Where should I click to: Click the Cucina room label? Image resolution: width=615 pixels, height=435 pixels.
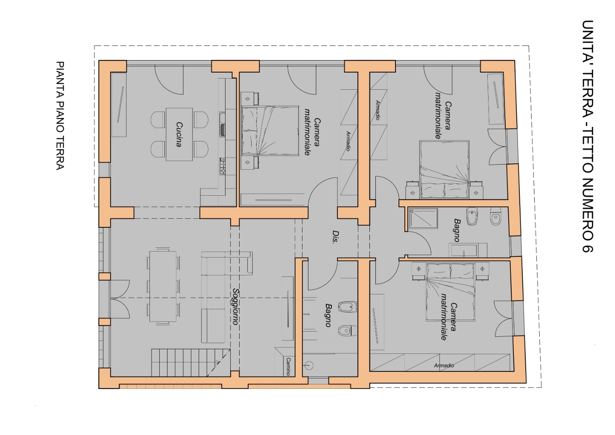(179, 135)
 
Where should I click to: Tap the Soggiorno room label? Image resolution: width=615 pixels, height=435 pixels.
(235, 306)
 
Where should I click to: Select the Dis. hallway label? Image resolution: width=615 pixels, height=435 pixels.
(335, 237)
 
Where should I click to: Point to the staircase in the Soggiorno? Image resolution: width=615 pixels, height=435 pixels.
(191, 362)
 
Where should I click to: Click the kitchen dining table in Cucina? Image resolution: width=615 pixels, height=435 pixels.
(179, 134)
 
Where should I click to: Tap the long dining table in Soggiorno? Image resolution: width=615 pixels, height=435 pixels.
(163, 286)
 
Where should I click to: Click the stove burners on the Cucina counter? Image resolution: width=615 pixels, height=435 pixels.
(223, 166)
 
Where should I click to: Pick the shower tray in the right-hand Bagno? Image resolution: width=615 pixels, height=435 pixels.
(423, 218)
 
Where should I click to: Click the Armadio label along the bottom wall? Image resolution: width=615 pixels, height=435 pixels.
(444, 365)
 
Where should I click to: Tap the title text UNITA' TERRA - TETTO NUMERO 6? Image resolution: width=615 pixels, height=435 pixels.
(587, 136)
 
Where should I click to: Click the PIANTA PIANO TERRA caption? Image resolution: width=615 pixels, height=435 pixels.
(60, 116)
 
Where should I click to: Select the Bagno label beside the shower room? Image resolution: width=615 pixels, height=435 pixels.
(457, 230)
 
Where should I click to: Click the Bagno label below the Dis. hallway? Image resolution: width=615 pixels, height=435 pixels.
(328, 315)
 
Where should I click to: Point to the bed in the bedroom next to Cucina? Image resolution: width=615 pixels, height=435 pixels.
(270, 131)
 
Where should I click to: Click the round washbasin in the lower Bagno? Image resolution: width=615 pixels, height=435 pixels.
(309, 365)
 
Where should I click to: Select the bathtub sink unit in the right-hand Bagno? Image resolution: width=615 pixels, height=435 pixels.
(468, 250)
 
